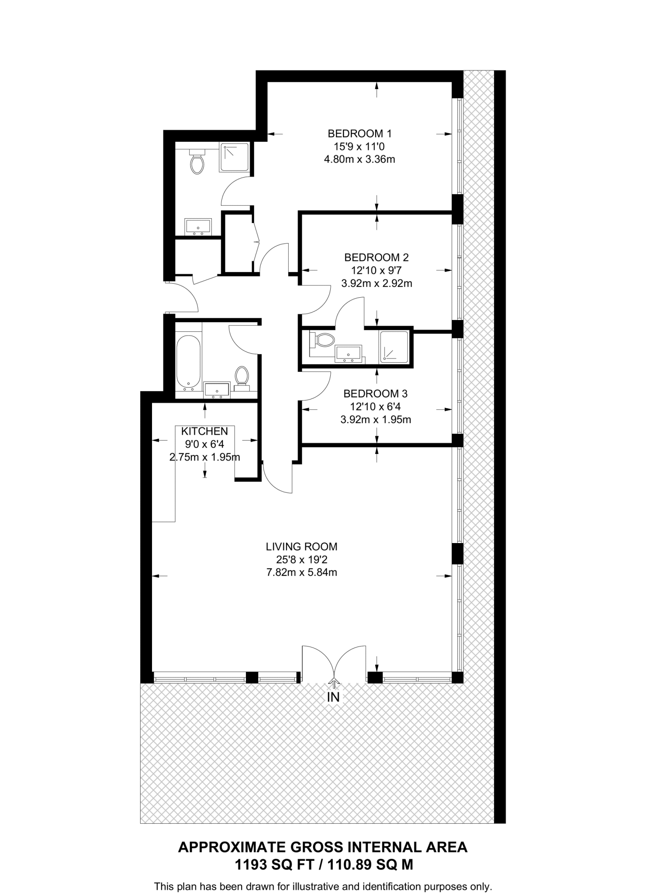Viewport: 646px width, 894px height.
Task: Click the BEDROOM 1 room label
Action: tap(359, 133)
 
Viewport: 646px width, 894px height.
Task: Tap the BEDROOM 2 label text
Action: tap(376, 257)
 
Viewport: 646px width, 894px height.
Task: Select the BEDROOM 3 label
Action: tap(375, 394)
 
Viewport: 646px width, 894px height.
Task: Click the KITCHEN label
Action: tap(204, 431)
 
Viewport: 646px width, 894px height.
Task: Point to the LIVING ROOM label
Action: tap(301, 547)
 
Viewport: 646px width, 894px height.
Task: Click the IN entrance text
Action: tap(333, 698)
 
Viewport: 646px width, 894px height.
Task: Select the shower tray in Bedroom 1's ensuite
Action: tap(235, 157)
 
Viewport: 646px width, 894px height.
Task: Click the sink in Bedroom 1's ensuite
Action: tap(198, 227)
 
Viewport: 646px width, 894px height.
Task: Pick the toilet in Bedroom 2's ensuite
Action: tap(322, 340)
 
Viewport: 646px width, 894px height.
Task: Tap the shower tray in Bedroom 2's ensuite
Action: tap(394, 347)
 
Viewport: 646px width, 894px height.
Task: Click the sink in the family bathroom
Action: tap(217, 390)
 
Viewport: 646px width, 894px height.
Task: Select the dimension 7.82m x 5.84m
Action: tap(301, 572)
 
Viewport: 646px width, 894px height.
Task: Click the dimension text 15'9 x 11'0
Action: tap(359, 146)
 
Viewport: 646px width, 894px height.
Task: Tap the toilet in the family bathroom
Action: tap(242, 377)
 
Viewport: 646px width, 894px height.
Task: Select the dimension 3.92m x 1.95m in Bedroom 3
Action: tap(375, 420)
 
